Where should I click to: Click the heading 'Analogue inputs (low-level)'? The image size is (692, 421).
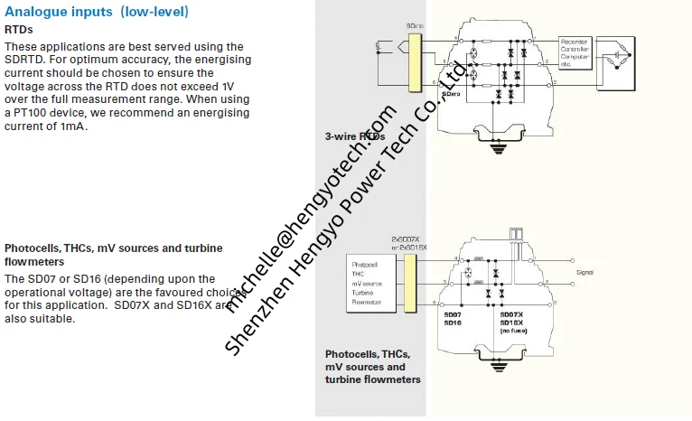(x=97, y=12)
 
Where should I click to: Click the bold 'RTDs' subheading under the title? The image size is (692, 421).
(x=19, y=29)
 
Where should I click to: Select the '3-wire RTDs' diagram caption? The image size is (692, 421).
(x=355, y=136)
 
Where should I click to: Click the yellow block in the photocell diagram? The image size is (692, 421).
(x=409, y=279)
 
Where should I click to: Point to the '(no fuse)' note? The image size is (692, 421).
(x=515, y=332)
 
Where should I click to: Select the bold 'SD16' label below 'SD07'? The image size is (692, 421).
(x=453, y=323)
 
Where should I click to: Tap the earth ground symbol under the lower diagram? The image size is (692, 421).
(x=494, y=366)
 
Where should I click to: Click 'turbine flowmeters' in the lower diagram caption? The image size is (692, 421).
(x=373, y=379)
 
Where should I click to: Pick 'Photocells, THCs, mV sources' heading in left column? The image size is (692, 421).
(x=114, y=248)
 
